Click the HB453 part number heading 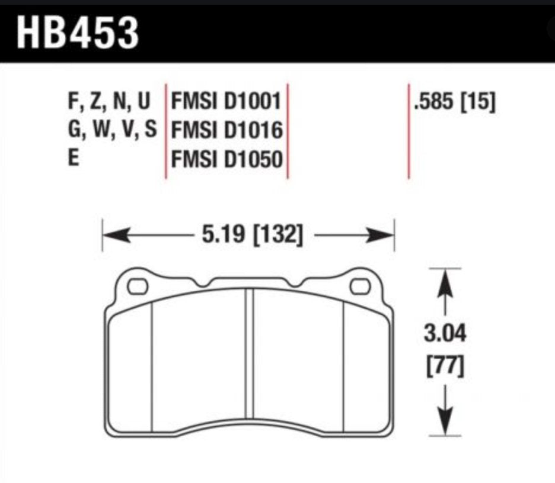(x=78, y=33)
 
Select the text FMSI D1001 (x=226, y=101)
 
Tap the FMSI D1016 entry (x=227, y=130)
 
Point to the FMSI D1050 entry (x=227, y=159)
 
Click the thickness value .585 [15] (x=454, y=102)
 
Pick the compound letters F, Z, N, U (x=109, y=101)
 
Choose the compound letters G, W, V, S (x=112, y=130)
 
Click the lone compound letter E (x=74, y=157)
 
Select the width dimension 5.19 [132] (x=253, y=234)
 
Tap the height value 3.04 (x=445, y=333)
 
